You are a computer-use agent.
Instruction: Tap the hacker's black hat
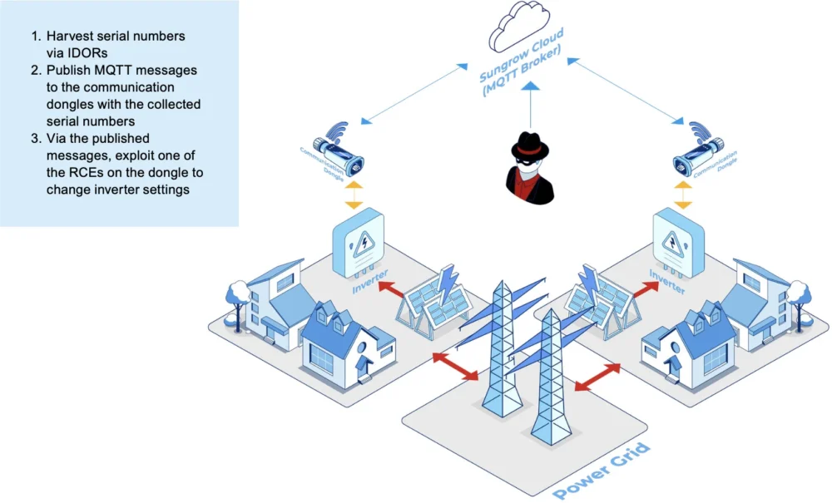pos(530,144)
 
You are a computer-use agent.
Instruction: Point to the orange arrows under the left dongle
pos(354,194)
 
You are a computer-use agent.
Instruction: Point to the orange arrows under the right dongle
pos(682,193)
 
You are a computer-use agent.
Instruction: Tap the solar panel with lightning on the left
pos(437,303)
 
